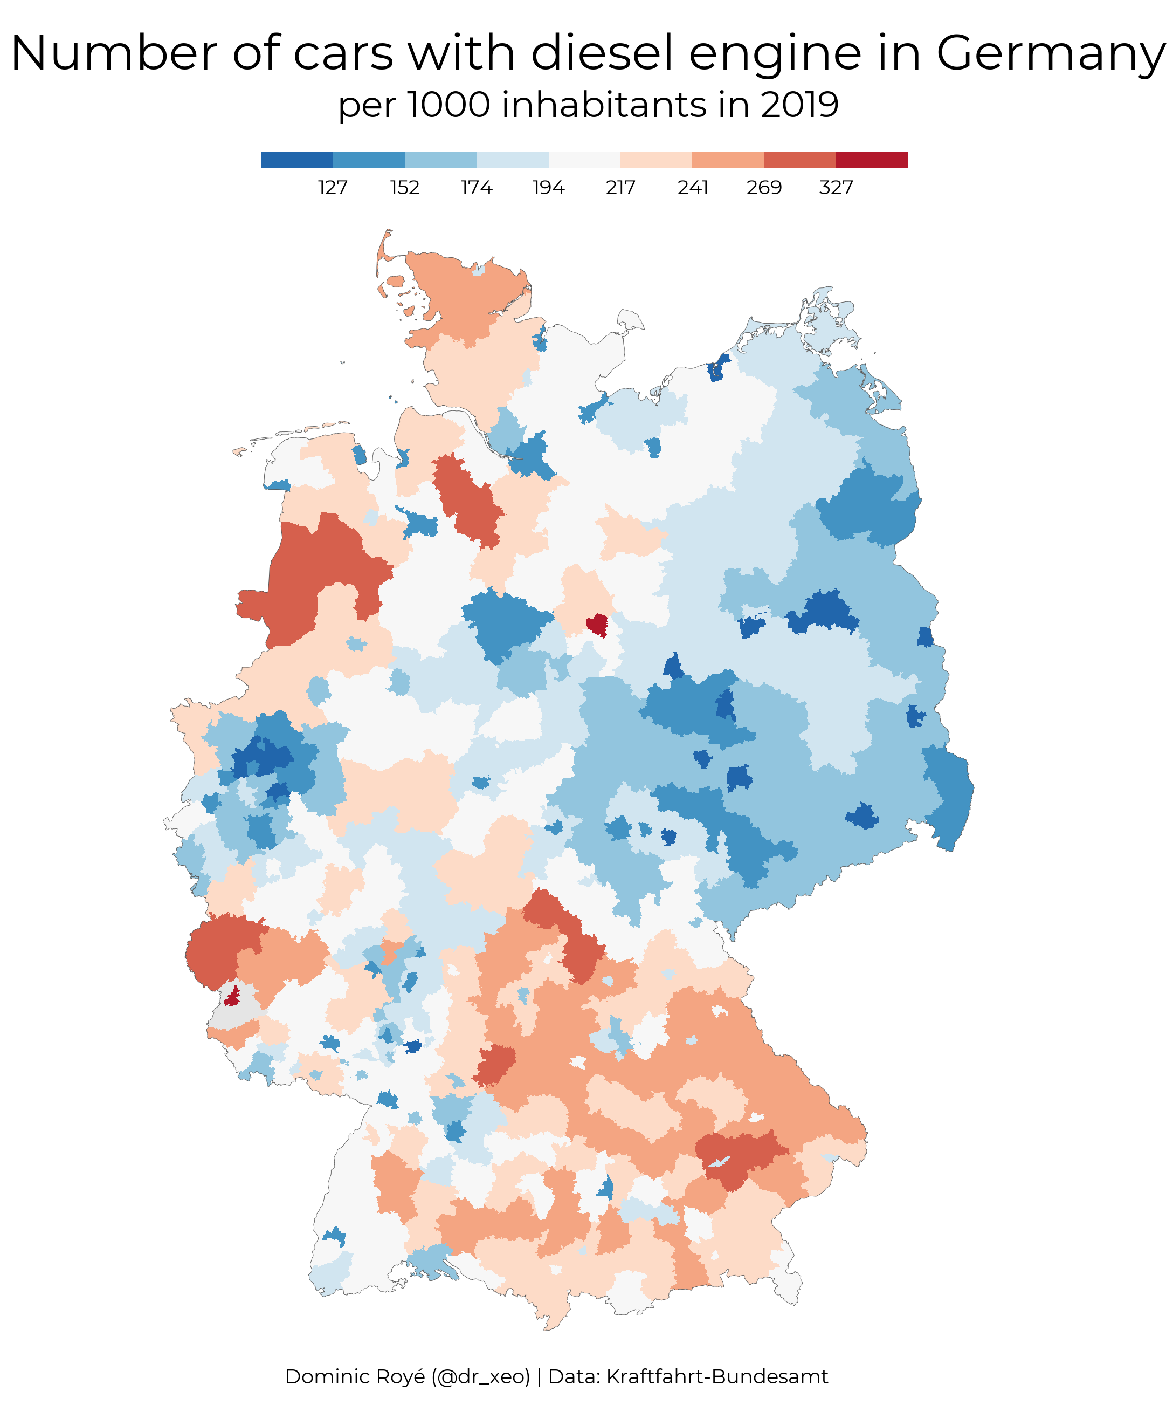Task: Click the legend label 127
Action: coord(333,188)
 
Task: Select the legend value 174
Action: coord(476,188)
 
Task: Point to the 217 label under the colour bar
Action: coord(620,188)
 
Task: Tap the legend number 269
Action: coord(764,188)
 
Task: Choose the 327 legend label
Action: coord(836,188)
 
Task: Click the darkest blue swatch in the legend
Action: coord(296,160)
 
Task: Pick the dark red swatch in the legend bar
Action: coord(871,160)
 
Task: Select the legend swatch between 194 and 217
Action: coord(584,160)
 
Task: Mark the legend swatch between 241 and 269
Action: coord(728,160)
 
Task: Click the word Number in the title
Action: coord(114,53)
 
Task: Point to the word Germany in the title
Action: coord(1051,53)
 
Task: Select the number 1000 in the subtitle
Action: coord(448,105)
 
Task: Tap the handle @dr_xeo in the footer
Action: coord(480,1376)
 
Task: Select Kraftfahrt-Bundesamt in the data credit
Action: coord(717,1376)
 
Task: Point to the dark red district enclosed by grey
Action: coord(232,996)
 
